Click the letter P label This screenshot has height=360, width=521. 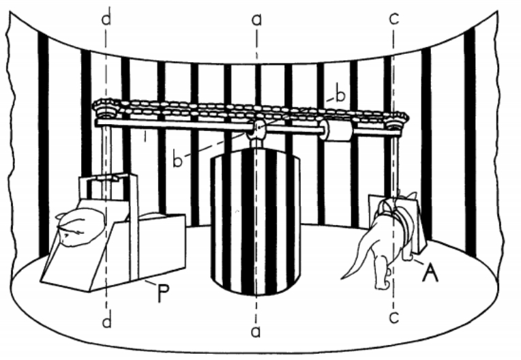[x=164, y=294]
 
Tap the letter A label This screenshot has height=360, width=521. [x=430, y=273]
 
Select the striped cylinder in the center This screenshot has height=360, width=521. [x=256, y=222]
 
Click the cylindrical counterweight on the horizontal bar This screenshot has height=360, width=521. [x=336, y=130]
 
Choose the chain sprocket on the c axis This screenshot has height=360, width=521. [x=396, y=122]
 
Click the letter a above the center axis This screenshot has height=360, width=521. [x=256, y=20]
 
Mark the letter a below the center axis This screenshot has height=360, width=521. [x=255, y=331]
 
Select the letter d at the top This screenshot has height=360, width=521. [x=106, y=19]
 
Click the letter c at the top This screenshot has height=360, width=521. [x=393, y=19]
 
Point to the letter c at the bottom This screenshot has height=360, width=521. [x=393, y=317]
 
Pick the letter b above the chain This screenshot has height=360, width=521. [x=340, y=95]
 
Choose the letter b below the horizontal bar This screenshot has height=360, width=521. [x=178, y=160]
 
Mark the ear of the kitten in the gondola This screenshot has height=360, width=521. [x=59, y=217]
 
